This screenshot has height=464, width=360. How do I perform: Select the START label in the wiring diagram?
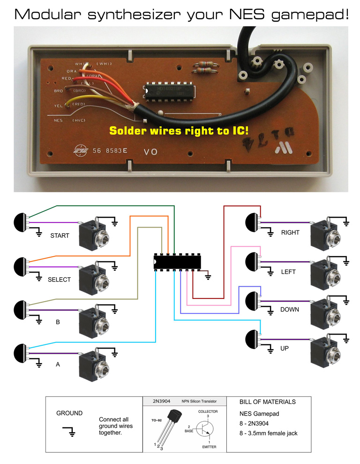[x=60, y=236]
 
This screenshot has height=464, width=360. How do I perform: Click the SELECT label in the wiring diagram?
[x=59, y=280]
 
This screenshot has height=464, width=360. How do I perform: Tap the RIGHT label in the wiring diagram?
[x=290, y=233]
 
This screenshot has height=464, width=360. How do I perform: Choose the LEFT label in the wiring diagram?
[x=289, y=272]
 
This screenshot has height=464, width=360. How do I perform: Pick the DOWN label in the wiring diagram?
[x=290, y=310]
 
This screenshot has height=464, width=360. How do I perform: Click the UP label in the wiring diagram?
[x=285, y=349]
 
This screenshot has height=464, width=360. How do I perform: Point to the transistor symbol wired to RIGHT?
[x=253, y=222]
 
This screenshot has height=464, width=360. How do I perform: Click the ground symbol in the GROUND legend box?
[x=69, y=431]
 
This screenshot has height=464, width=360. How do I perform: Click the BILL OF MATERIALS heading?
[x=267, y=402]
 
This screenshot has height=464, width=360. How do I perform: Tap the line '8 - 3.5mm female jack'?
[x=268, y=433]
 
